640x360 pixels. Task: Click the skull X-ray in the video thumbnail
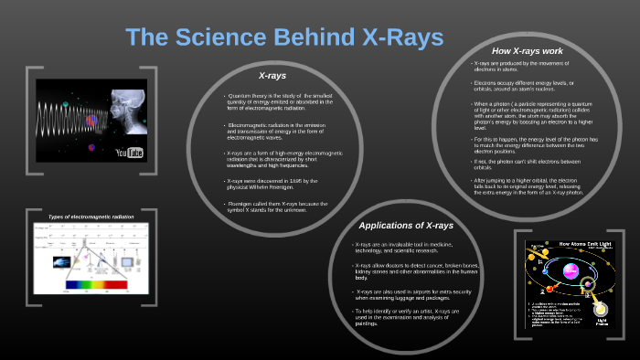[x=121, y=109]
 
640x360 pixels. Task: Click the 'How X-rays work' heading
[x=527, y=50]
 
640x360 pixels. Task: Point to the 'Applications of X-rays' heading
[x=406, y=226]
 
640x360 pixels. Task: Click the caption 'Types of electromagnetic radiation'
[x=91, y=217]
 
